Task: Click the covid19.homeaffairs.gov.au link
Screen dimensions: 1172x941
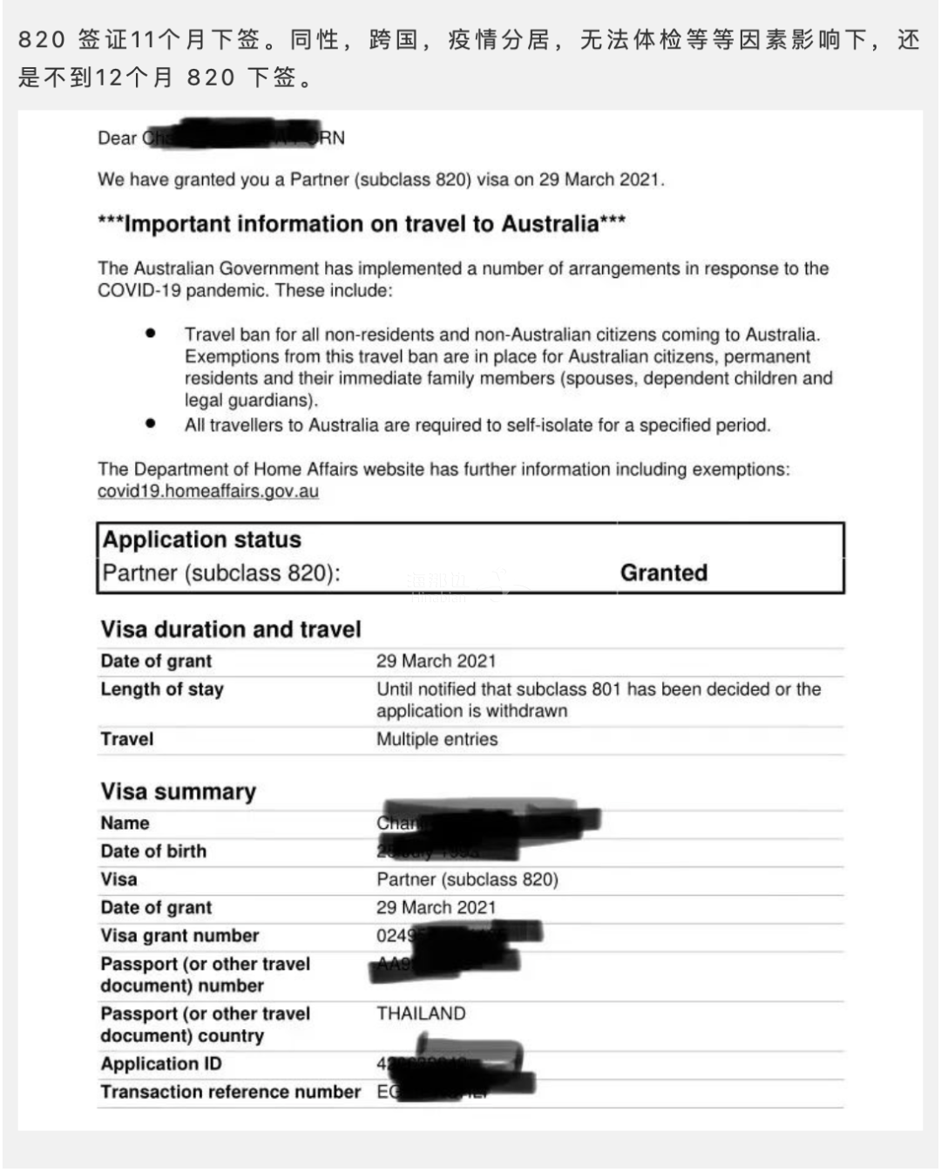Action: (207, 491)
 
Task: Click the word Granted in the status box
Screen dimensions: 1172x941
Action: (663, 572)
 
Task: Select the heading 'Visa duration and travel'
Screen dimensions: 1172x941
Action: (231, 629)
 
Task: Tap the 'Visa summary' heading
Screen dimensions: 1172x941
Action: (178, 791)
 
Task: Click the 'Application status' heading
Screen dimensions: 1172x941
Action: (202, 539)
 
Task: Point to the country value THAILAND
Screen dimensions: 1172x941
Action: (421, 1013)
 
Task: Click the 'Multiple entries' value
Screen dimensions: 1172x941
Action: (437, 739)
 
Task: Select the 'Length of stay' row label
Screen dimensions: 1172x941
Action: (162, 689)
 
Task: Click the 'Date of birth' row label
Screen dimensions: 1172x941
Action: (153, 851)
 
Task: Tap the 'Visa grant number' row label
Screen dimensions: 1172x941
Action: (179, 936)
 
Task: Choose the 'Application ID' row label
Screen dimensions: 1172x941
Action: (161, 1064)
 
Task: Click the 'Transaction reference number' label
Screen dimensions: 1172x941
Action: (230, 1092)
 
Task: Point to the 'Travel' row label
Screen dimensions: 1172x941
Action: (127, 739)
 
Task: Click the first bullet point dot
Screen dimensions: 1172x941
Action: (151, 334)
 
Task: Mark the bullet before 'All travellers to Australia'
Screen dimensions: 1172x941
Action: (151, 424)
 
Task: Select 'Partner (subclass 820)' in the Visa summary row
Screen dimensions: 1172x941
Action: (467, 879)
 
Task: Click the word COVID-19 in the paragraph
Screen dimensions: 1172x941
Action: (139, 290)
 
